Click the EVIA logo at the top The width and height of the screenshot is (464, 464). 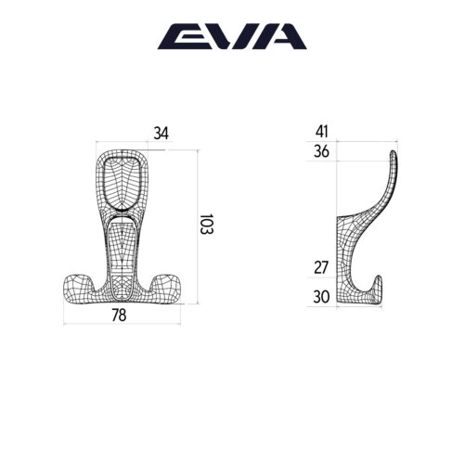coord(231,36)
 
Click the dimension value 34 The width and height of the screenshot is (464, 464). coord(161,135)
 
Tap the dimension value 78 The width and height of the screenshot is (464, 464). coord(119,316)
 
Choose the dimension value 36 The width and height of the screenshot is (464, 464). coord(322,151)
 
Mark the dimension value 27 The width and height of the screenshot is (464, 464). coord(322,267)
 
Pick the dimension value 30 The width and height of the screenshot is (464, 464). coord(322,297)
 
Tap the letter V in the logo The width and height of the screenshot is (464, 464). coord(224,36)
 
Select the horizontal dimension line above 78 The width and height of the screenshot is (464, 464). coord(122,324)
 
